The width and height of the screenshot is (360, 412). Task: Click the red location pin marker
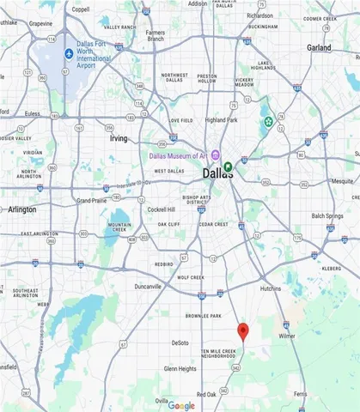243,331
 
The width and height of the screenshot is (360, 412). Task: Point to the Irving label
119,137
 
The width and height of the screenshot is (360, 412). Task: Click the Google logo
180,405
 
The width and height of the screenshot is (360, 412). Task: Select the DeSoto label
180,342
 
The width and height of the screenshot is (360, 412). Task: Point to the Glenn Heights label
180,368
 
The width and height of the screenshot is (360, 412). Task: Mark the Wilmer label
286,336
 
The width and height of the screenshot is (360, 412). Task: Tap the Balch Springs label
327,215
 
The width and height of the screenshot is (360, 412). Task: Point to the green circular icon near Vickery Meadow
268,122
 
